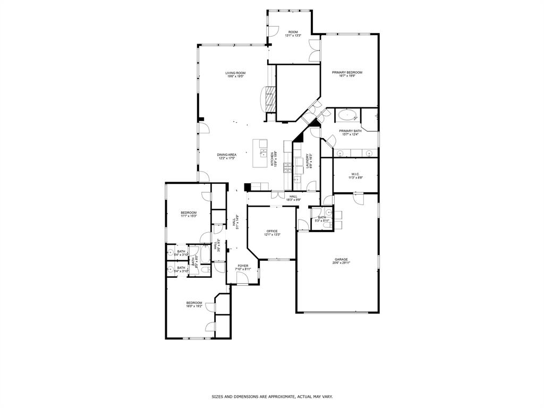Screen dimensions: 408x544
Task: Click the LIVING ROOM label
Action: (x=235, y=73)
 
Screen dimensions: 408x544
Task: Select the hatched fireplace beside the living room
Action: (x=270, y=99)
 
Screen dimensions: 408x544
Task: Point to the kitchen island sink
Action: (x=263, y=154)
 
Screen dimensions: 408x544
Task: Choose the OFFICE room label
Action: (x=272, y=231)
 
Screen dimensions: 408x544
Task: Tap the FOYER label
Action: (x=243, y=266)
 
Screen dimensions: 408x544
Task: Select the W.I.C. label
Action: (x=355, y=174)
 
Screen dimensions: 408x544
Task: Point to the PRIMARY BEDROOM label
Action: (x=347, y=72)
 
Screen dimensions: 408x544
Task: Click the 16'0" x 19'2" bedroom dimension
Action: (x=194, y=307)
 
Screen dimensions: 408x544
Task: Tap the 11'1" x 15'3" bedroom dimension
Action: (x=189, y=216)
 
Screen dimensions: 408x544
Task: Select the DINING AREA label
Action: (x=226, y=155)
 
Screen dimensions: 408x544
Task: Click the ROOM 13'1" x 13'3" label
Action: (x=293, y=33)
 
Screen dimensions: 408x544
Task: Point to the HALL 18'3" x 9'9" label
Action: (x=293, y=198)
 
